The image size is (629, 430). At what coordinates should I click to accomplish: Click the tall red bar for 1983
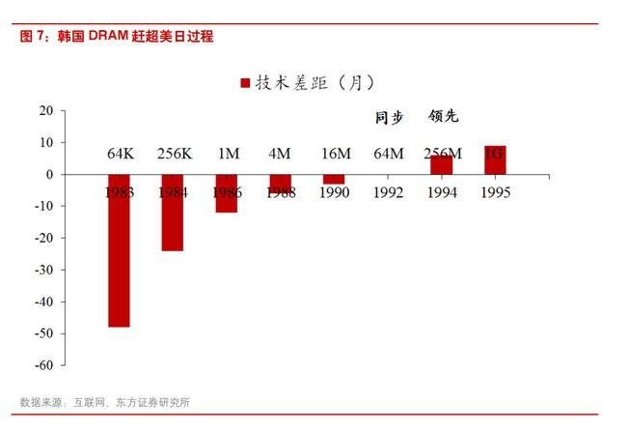pyautogui.click(x=119, y=250)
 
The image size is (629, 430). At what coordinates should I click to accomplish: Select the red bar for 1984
pyautogui.click(x=172, y=213)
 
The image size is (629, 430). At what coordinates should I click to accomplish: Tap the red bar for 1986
pyautogui.click(x=227, y=193)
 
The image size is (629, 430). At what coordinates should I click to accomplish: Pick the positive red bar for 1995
pyautogui.click(x=494, y=160)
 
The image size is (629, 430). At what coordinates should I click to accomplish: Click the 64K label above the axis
pyautogui.click(x=120, y=154)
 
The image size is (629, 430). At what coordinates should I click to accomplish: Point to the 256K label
pyautogui.click(x=174, y=154)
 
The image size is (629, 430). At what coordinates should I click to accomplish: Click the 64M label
pyautogui.click(x=388, y=154)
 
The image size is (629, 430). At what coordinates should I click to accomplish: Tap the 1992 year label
pyautogui.click(x=388, y=191)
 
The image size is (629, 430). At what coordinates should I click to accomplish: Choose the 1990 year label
pyautogui.click(x=334, y=191)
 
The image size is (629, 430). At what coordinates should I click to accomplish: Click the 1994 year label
pyautogui.click(x=441, y=191)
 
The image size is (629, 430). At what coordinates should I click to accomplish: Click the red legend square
pyautogui.click(x=245, y=83)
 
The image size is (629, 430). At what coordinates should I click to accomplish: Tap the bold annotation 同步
pyautogui.click(x=389, y=117)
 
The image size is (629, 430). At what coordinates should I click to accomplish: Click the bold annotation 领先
pyautogui.click(x=444, y=117)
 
